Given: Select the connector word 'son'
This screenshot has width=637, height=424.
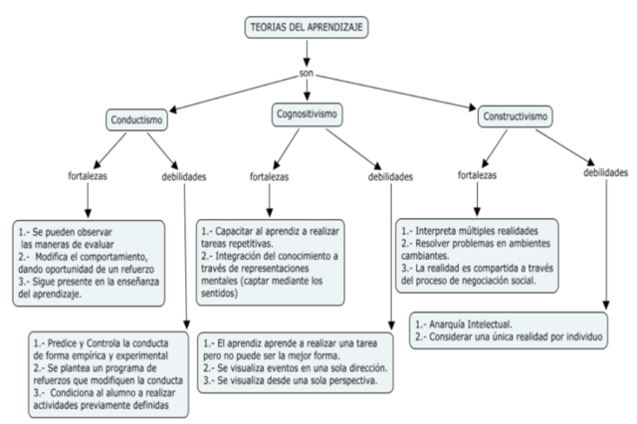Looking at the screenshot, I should pos(310,75).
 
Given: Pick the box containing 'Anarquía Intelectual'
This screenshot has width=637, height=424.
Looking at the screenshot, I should pos(511,330).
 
